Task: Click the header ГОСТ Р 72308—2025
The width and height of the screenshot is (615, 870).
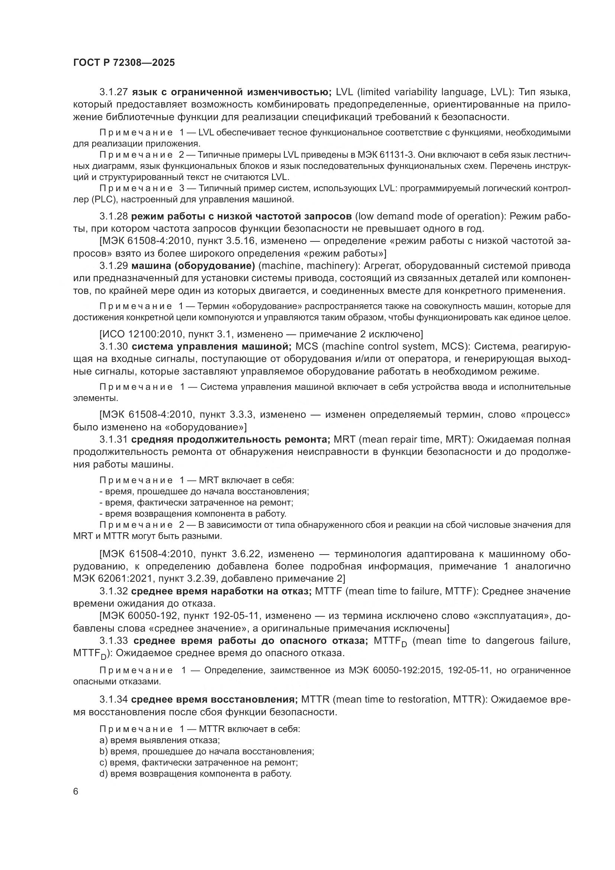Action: click(x=124, y=63)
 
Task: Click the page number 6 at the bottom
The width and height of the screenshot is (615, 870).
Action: click(x=76, y=792)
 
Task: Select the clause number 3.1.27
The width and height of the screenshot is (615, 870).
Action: click(x=113, y=92)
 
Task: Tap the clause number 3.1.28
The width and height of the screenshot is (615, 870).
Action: click(x=113, y=216)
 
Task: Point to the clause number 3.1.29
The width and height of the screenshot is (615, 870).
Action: click(x=113, y=266)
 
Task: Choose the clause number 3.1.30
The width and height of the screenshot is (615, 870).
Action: click(x=113, y=347)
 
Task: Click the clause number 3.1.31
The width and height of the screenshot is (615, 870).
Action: click(x=113, y=440)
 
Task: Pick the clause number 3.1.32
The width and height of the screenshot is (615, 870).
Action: click(x=113, y=591)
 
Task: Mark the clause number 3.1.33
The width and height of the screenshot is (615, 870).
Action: click(x=114, y=641)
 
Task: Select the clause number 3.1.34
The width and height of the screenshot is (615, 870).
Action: click(x=113, y=700)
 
